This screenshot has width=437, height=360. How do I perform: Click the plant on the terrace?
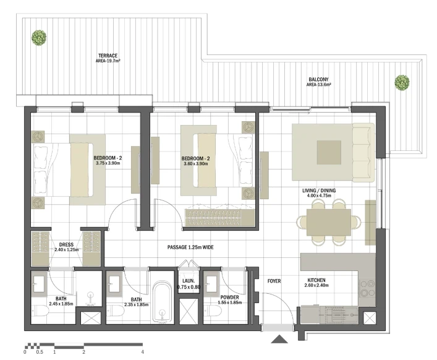[x=39, y=38]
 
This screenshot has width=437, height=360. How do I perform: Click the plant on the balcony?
[x=402, y=82]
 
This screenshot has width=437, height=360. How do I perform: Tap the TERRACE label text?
[x=108, y=56]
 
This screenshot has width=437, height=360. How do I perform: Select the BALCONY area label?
[x=318, y=82]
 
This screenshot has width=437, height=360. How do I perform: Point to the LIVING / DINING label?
[x=319, y=191]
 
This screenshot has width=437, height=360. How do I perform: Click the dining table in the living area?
[x=329, y=222]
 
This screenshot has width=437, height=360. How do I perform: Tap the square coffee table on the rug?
[x=329, y=152]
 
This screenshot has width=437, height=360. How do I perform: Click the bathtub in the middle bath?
[x=162, y=302]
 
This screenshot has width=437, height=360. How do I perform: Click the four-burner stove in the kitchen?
[x=367, y=288]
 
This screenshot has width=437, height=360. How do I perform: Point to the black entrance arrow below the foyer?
[x=279, y=339]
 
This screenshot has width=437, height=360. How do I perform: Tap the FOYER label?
[x=274, y=281]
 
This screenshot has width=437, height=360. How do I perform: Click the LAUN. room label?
[x=189, y=281]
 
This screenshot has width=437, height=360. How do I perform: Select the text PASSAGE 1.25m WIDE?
[x=190, y=247]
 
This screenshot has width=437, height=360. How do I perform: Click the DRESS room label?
[x=66, y=244]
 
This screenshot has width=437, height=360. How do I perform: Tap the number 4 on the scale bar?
[x=142, y=352]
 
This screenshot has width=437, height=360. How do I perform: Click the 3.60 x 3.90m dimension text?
[x=196, y=164]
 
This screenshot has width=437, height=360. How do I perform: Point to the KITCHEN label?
[x=316, y=280]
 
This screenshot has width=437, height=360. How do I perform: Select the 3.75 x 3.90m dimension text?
[x=108, y=163]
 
